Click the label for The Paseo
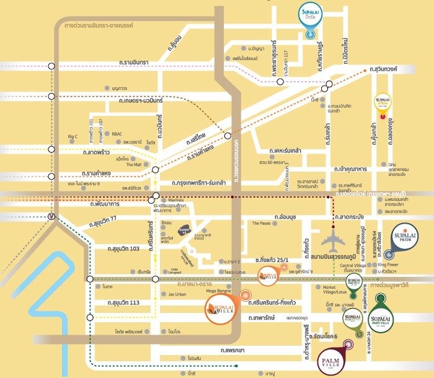pyautogui.click(x=262, y=223)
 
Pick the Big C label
pyautogui.click(x=73, y=136)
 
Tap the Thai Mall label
pyautogui.click(x=133, y=165)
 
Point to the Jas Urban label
pyautogui.click(x=177, y=294)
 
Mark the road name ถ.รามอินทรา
pyautogui.click(x=137, y=63)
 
